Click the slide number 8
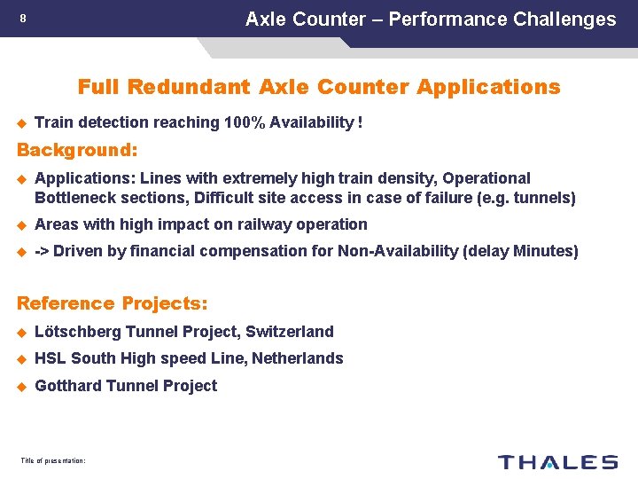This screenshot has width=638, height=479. [x=23, y=19]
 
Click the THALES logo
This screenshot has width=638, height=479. [x=557, y=461]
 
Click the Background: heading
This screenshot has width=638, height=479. [x=77, y=148]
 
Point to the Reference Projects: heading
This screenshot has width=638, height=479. [x=113, y=303]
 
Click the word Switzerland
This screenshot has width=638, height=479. [x=290, y=332]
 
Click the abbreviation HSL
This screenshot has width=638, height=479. [x=50, y=358]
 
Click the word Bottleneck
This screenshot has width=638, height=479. [x=74, y=198]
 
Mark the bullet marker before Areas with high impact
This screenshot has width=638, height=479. [x=23, y=225]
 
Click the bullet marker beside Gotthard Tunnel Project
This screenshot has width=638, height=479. [x=23, y=386]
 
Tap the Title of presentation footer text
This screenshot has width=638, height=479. [x=52, y=459]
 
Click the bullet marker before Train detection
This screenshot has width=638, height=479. [x=23, y=123]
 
